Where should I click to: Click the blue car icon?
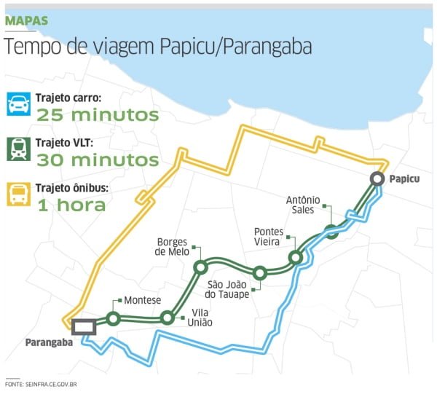(18, 106)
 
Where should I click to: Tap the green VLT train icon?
(18, 152)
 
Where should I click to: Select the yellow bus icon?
(18, 196)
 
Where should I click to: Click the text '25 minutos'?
(97, 114)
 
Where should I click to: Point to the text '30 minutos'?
(97, 160)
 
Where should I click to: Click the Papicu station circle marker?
(377, 179)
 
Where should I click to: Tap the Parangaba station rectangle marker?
(83, 326)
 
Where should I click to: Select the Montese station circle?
(113, 318)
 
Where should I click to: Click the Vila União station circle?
(168, 318)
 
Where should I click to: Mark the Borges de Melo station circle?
(200, 268)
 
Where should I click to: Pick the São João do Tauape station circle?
(260, 274)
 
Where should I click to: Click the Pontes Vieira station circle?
(295, 257)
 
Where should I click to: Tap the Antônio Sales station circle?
(331, 232)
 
